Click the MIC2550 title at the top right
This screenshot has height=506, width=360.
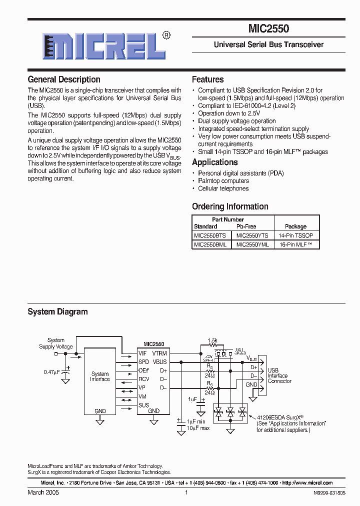pyautogui.click(x=268, y=29)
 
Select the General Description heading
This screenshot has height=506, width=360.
pyautogui.click(x=64, y=79)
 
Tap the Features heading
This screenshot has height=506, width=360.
pyautogui.click(x=208, y=79)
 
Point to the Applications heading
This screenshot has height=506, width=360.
pyautogui.click(x=214, y=162)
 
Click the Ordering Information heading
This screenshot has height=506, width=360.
pyautogui.click(x=230, y=206)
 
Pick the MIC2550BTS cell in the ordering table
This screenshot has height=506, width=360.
pyautogui.click(x=210, y=235)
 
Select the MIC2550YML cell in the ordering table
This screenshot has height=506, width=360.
pyautogui.click(x=252, y=244)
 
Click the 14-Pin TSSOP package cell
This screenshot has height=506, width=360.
pyautogui.click(x=295, y=235)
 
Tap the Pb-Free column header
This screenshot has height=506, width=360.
pyautogui.click(x=246, y=226)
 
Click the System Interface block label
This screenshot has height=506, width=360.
pyautogui.click(x=100, y=376)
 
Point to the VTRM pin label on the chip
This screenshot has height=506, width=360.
pyautogui.click(x=159, y=353)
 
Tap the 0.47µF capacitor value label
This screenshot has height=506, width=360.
pyautogui.click(x=51, y=372)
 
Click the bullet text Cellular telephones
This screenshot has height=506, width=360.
pyautogui.click(x=223, y=188)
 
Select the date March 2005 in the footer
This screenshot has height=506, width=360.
pyautogui.click(x=43, y=492)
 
